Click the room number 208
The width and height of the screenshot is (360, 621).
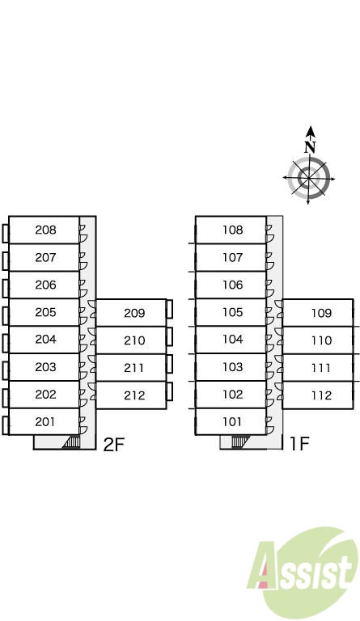click(45, 230)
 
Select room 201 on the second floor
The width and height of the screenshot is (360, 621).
click(44, 421)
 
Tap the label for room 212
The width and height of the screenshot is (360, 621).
click(134, 395)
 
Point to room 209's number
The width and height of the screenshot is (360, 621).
click(134, 313)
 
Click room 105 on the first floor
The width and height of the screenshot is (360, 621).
click(231, 312)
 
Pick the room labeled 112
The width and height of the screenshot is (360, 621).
click(318, 395)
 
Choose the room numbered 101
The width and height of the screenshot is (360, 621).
click(231, 421)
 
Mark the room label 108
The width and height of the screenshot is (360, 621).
click(232, 230)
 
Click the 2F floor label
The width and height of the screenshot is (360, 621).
click(114, 445)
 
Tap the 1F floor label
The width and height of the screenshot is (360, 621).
click(299, 444)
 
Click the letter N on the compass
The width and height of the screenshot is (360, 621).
click(310, 147)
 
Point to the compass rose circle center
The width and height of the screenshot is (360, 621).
click(309, 178)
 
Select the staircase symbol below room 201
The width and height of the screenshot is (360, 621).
click(71, 442)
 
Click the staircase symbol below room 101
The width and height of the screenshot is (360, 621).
click(239, 441)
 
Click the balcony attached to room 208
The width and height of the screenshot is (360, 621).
click(5, 234)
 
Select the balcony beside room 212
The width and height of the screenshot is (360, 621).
click(170, 391)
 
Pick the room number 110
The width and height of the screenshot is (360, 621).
click(321, 340)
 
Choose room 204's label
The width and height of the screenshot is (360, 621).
click(45, 340)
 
